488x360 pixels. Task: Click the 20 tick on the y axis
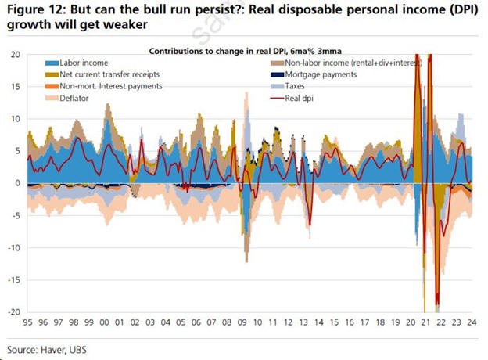tap(14, 54)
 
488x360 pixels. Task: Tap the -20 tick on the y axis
tap(13, 312)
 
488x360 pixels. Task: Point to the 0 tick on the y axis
tap(16, 183)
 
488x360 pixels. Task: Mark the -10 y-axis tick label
tap(13, 248)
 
